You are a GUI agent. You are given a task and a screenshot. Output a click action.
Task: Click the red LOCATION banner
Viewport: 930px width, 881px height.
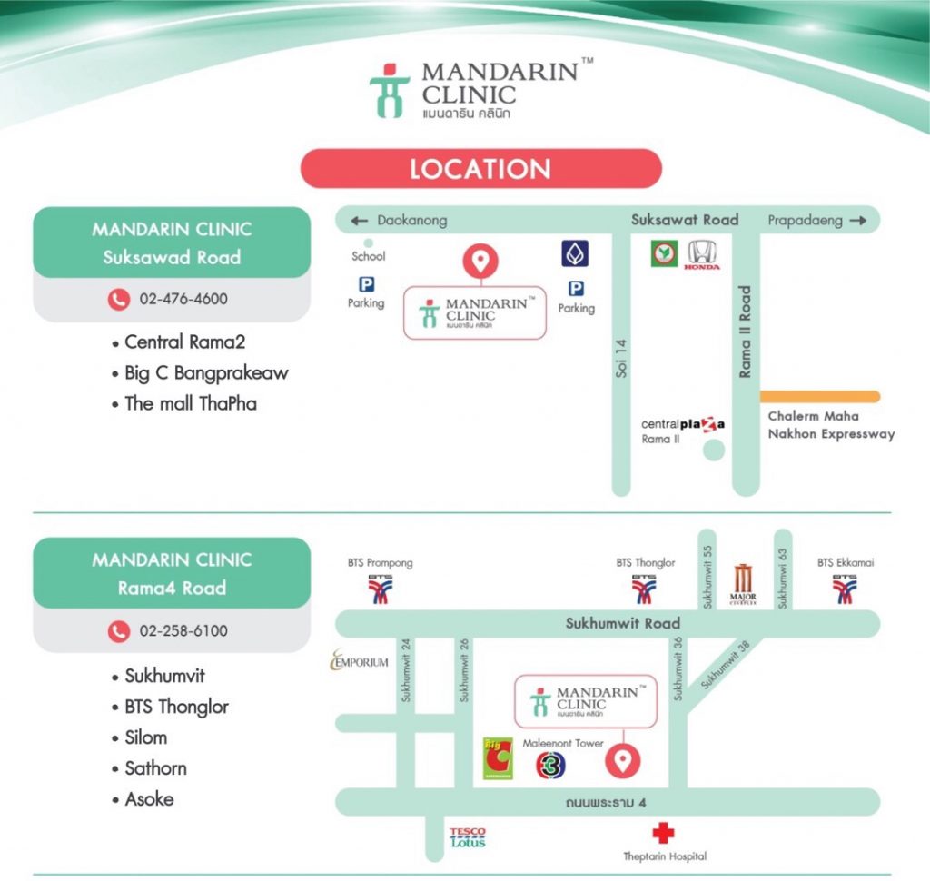tap(481, 169)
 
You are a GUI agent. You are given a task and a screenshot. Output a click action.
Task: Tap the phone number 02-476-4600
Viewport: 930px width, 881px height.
tap(183, 299)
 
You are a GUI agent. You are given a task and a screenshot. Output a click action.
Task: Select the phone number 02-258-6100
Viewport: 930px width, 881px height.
tap(183, 630)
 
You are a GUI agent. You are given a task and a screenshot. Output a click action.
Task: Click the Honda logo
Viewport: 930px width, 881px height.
tap(702, 255)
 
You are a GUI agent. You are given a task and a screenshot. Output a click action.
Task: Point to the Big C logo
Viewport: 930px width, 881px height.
tap(499, 758)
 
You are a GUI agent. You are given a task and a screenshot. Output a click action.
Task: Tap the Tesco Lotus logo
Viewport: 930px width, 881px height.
tap(468, 837)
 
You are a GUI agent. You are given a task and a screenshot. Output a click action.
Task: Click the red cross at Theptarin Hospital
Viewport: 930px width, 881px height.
tap(663, 833)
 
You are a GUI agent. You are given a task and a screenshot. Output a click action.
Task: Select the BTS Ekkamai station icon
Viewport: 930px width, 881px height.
tap(845, 589)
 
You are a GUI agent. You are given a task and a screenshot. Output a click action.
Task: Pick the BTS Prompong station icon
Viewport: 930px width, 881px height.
tap(381, 589)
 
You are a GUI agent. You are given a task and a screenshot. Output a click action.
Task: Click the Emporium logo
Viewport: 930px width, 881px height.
tap(360, 660)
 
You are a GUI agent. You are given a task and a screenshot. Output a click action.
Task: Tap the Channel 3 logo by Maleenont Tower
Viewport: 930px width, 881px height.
tap(550, 766)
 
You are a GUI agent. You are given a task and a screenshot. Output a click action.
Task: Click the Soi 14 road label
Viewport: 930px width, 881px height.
tap(621, 359)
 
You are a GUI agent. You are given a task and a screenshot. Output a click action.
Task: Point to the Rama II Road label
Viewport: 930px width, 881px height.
tap(745, 332)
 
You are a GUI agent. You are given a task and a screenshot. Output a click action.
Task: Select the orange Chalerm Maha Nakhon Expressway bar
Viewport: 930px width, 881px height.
tap(820, 396)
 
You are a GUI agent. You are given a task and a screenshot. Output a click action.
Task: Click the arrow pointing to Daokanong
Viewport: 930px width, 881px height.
tap(360, 221)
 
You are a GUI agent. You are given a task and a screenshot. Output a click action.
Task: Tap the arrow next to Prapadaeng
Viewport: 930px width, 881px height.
tap(857, 221)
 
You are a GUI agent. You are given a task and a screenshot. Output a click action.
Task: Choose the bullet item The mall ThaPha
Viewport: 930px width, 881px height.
tap(184, 403)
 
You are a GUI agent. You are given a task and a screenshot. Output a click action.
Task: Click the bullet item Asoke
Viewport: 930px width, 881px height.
tap(143, 799)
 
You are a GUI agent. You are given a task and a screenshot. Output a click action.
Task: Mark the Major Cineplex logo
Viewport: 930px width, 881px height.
tap(743, 584)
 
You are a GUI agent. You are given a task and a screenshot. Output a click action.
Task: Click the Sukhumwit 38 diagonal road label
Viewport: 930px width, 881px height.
tap(726, 665)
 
